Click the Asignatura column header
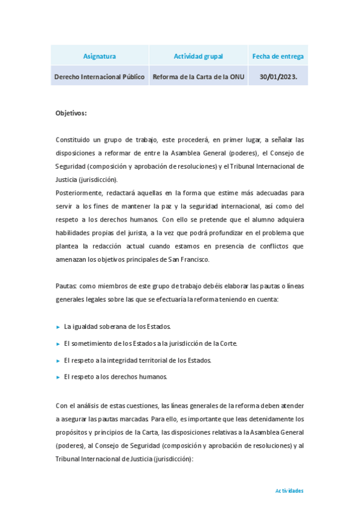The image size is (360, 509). tap(100, 56)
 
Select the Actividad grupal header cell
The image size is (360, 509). tap(198, 56)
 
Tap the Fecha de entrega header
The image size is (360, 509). tap(278, 56)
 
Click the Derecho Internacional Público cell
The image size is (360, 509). tap(100, 77)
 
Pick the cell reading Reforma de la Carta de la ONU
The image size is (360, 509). tap(198, 77)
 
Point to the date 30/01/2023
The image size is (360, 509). tap(278, 77)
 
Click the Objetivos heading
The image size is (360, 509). tap(71, 113)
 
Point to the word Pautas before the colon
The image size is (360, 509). tap(65, 286)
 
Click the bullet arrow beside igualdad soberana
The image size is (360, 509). tap(58, 327)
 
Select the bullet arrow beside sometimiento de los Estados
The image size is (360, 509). tap(58, 343)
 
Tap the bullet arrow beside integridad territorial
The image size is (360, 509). tap(58, 360)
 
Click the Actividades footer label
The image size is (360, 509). tap(289, 490)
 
